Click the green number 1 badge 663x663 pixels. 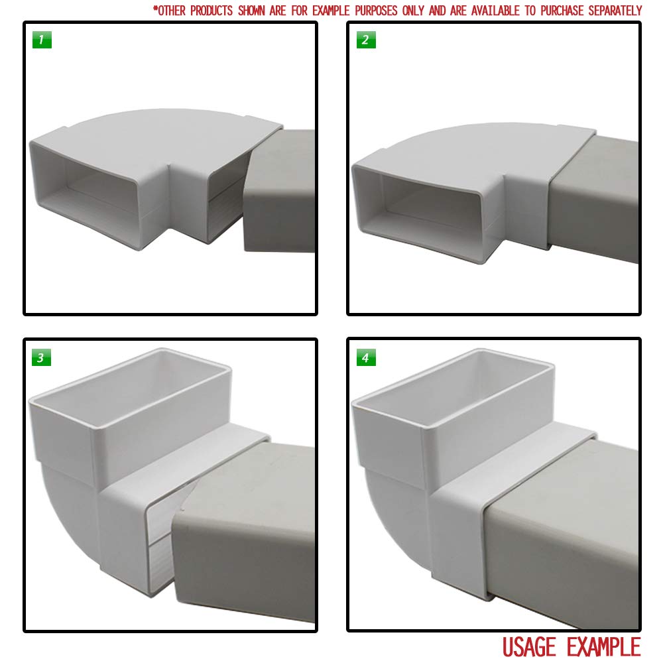tap(42, 40)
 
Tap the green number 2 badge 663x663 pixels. tap(365, 40)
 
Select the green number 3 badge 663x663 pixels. tap(42, 358)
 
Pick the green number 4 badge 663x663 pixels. tap(365, 358)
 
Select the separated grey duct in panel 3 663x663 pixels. tap(245, 530)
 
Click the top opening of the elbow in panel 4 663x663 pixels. tap(457, 385)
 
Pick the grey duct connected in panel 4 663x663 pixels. tap(564, 530)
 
